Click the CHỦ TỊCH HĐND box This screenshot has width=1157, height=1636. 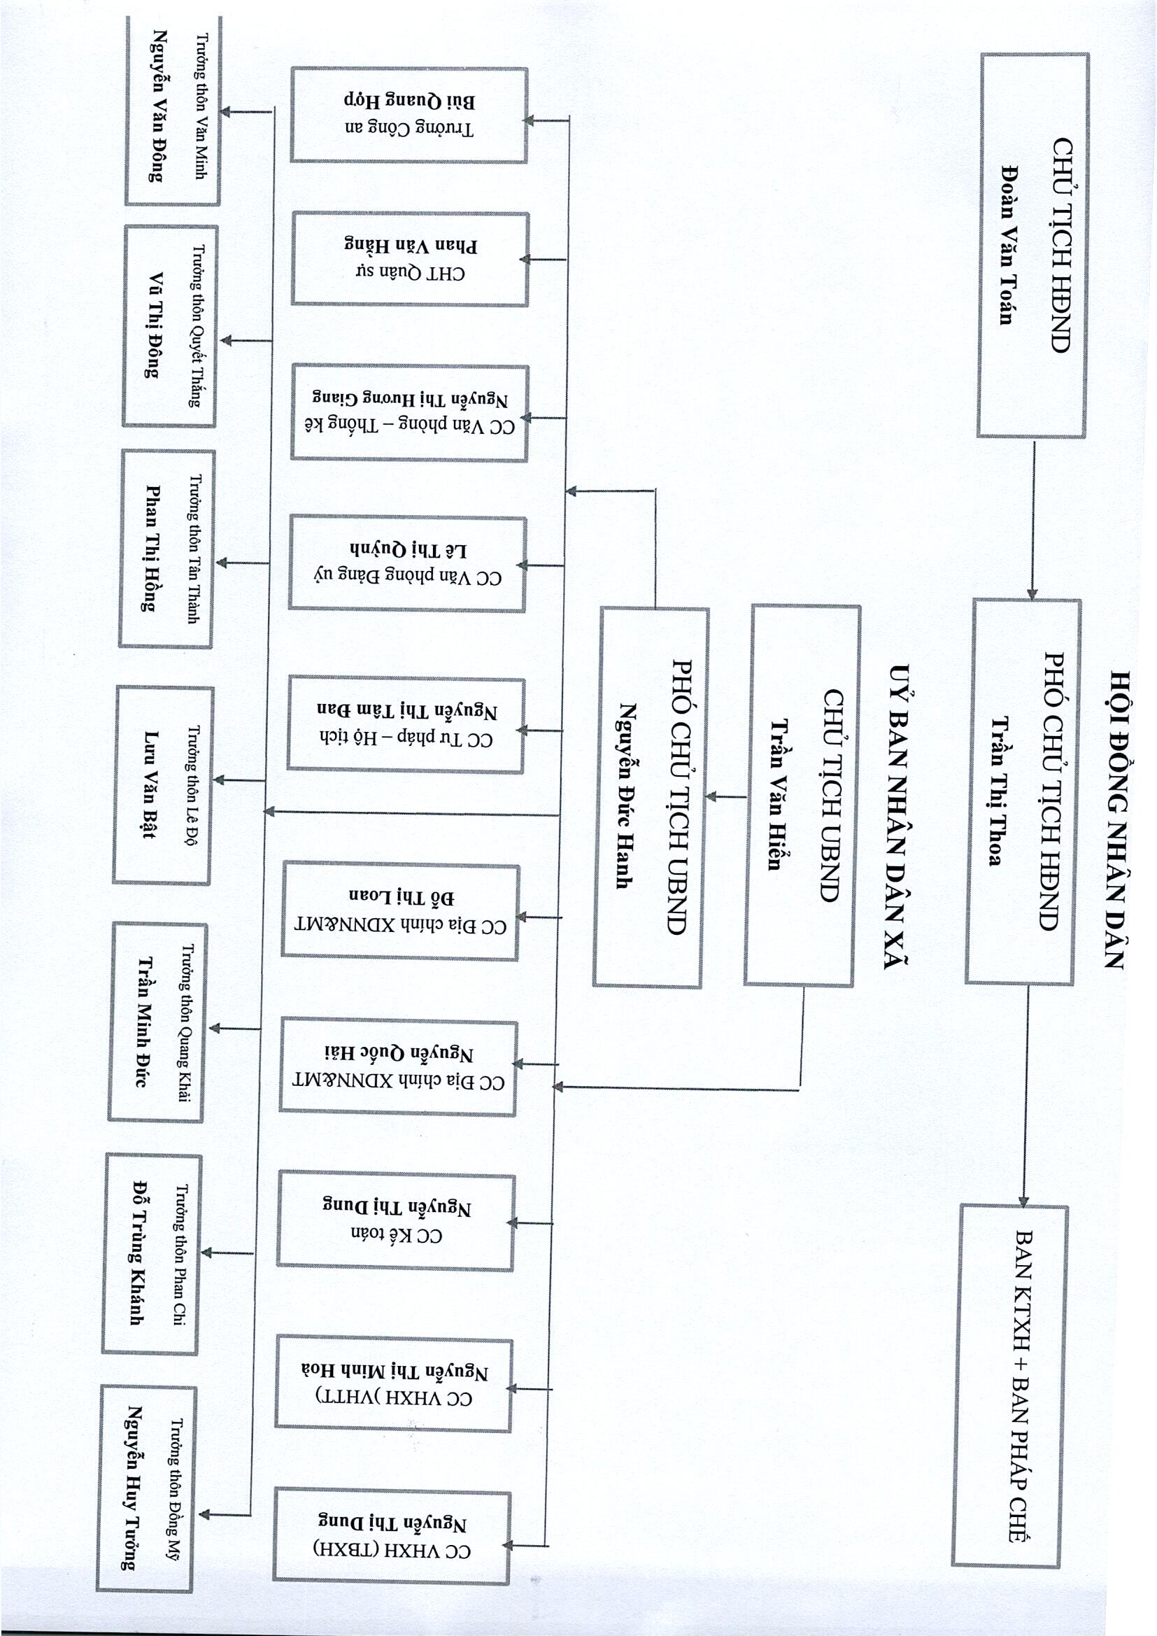[x=1033, y=245]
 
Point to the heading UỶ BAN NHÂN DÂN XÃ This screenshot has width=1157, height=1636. [x=898, y=817]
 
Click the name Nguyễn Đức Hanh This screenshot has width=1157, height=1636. [x=626, y=795]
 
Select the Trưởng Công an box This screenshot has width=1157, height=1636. [x=409, y=115]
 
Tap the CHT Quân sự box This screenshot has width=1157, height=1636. [x=410, y=260]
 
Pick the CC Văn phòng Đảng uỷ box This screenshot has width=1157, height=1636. [x=408, y=563]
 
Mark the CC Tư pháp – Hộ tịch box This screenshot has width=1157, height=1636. [x=406, y=725]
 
